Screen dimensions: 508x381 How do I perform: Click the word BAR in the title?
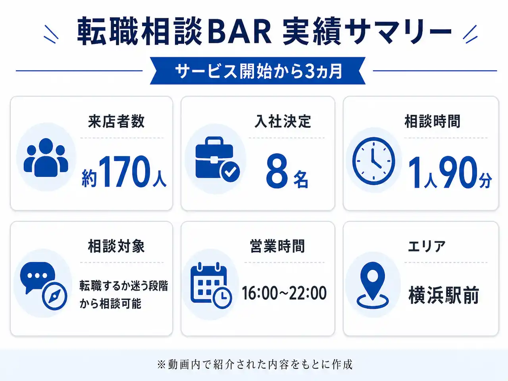pyautogui.click(x=240, y=32)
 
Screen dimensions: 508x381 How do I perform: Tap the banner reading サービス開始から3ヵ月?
pyautogui.click(x=258, y=71)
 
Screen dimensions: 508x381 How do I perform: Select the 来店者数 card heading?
pyautogui.click(x=116, y=121)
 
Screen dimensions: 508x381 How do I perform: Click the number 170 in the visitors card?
pyautogui.click(x=126, y=171)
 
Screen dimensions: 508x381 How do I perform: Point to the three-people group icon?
pyautogui.click(x=46, y=158)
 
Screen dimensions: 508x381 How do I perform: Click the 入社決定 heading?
pyautogui.click(x=283, y=121)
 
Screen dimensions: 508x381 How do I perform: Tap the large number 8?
pyautogui.click(x=277, y=171)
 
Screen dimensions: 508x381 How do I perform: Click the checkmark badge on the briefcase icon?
pyautogui.click(x=231, y=171)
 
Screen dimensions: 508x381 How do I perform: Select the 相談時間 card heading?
pyautogui.click(x=432, y=121)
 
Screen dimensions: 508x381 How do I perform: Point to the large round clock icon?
pyautogui.click(x=373, y=161)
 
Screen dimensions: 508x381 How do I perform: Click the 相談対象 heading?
pyautogui.click(x=116, y=246)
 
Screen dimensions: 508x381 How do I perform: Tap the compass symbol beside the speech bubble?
pyautogui.click(x=55, y=296)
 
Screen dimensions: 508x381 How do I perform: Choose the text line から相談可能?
pyautogui.click(x=110, y=304)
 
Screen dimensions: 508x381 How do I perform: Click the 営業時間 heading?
pyautogui.click(x=277, y=246)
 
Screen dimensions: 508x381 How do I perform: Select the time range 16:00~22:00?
pyautogui.click(x=284, y=293)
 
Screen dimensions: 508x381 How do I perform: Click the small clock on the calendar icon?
pyautogui.click(x=222, y=298)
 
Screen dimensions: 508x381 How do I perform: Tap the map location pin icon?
pyautogui.click(x=373, y=285)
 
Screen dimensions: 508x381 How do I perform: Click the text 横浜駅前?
pyautogui.click(x=444, y=295)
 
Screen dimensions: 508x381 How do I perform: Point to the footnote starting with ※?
pyautogui.click(x=254, y=365)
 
